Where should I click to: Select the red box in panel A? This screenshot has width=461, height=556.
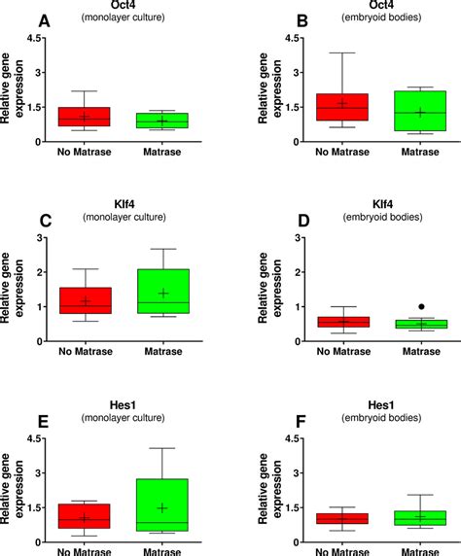(x=85, y=117)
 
